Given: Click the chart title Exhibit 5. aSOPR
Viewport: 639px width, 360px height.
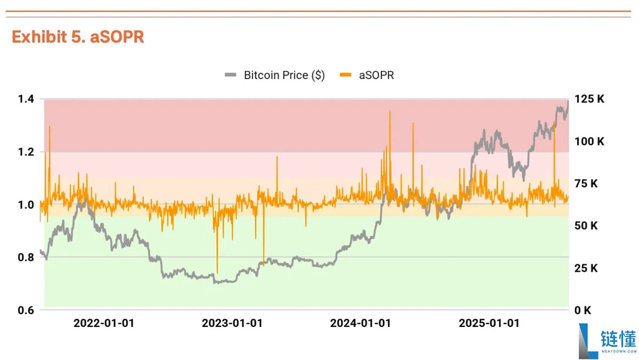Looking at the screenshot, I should pyautogui.click(x=78, y=37).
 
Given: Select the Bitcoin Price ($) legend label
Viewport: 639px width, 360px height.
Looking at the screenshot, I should pyautogui.click(x=284, y=75).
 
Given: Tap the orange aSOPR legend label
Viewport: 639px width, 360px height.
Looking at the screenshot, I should pyautogui.click(x=376, y=75).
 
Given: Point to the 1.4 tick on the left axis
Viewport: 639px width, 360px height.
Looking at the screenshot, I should pyautogui.click(x=26, y=99).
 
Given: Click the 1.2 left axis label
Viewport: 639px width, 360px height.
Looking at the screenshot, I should pyautogui.click(x=26, y=152).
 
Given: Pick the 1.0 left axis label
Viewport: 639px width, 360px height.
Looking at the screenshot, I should pyautogui.click(x=26, y=204).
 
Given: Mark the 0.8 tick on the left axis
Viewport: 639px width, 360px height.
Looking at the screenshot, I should pyautogui.click(x=26, y=257).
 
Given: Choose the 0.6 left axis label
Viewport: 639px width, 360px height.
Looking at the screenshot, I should pyautogui.click(x=26, y=310).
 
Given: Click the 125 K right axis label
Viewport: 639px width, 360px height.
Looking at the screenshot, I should pyautogui.click(x=589, y=99).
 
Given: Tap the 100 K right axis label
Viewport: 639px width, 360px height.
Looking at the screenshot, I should pyautogui.click(x=589, y=141).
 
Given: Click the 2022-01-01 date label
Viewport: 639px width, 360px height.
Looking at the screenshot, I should pyautogui.click(x=104, y=323).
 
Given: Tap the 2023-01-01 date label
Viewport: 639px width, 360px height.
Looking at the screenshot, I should pyautogui.click(x=232, y=323).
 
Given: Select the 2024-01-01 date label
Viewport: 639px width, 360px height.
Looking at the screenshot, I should pyautogui.click(x=361, y=323).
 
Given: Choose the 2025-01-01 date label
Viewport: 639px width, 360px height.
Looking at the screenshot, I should pyautogui.click(x=489, y=323).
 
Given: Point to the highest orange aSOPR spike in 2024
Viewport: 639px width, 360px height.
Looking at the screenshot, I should pyautogui.click(x=390, y=111).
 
